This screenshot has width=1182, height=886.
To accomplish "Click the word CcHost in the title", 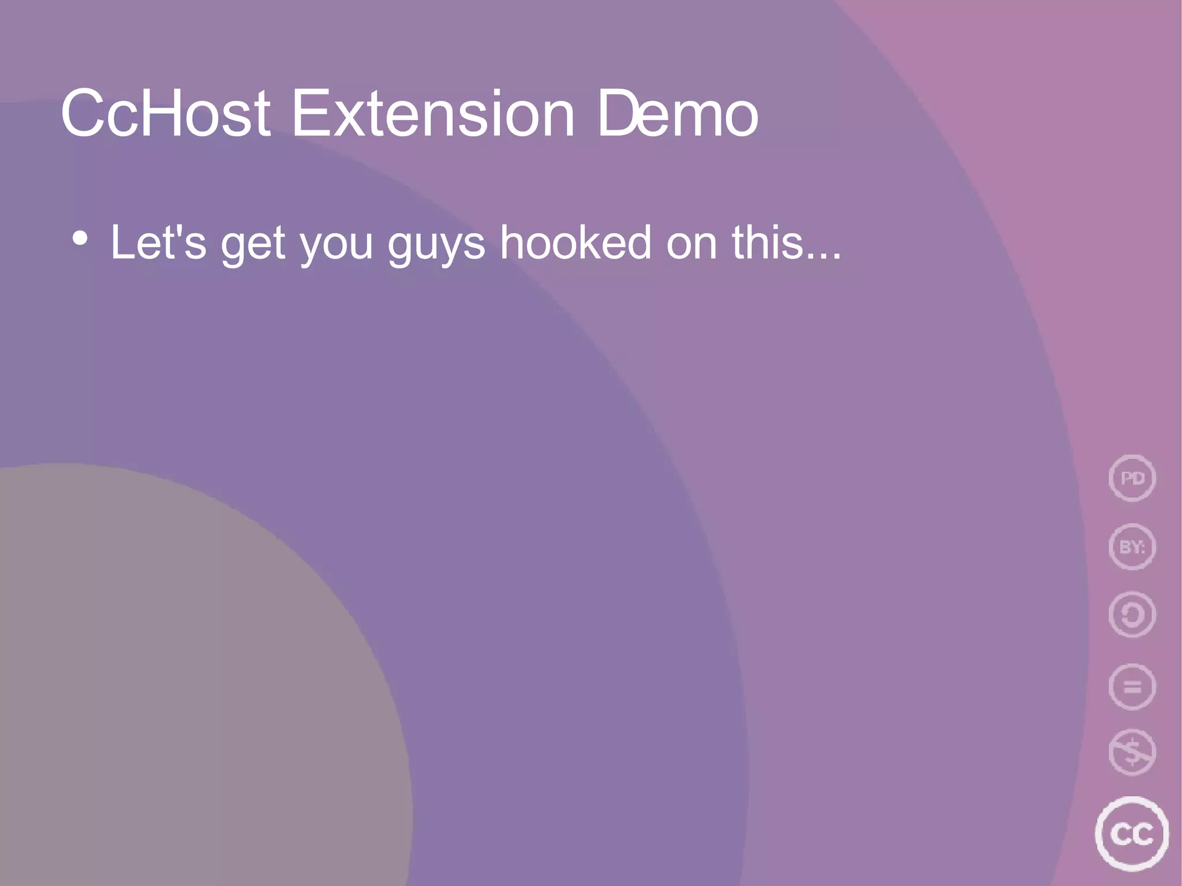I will click(166, 114).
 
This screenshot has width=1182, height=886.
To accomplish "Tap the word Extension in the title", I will click(433, 114).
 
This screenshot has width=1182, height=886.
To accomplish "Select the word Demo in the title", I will click(678, 114).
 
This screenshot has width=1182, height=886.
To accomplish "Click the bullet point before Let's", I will click(80, 238).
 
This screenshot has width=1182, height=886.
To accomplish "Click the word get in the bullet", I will click(253, 245).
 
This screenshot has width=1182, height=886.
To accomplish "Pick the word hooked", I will click(575, 242).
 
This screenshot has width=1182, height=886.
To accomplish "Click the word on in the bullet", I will click(691, 245).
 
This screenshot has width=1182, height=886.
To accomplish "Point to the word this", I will click(768, 242).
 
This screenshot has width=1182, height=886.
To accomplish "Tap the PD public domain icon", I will click(1132, 478).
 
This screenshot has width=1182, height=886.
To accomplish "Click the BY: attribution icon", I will click(1132, 547).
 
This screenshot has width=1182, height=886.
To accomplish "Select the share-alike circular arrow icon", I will click(1132, 615).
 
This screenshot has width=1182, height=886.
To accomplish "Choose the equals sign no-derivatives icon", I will click(1132, 687).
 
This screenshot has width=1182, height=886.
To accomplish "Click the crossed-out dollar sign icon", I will click(1132, 753).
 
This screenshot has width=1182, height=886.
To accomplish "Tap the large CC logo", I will click(1131, 833).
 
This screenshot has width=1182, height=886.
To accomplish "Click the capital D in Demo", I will click(619, 114).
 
